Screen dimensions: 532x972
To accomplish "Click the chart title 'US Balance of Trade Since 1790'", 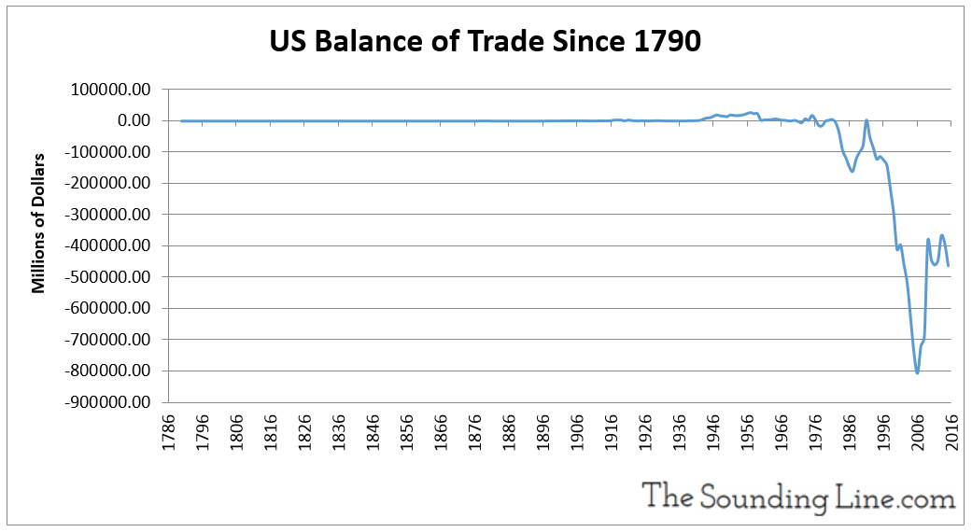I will click(485, 42).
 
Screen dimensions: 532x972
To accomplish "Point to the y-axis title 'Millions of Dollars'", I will click(39, 223).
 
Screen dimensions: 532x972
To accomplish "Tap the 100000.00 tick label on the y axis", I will click(109, 90).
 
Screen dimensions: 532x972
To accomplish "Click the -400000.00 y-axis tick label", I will click(106, 245).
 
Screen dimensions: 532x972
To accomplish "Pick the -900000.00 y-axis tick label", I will click(106, 402).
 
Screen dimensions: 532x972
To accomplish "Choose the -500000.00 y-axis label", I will click(106, 277).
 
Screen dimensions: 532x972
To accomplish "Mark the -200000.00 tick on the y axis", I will click(106, 183).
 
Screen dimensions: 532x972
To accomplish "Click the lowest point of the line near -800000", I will click(917, 372).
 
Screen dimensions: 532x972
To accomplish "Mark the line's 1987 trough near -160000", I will click(852, 171).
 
